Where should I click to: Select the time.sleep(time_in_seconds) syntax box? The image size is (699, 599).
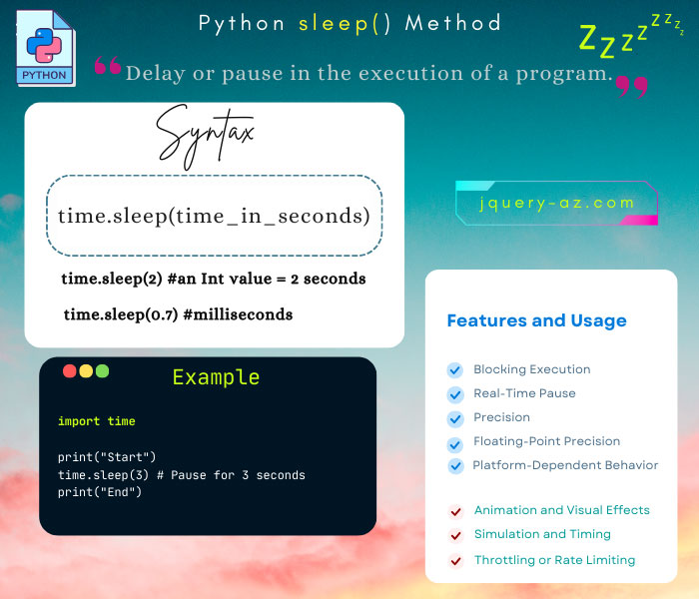pyautogui.click(x=214, y=216)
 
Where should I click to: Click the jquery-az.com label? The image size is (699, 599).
pyautogui.click(x=556, y=203)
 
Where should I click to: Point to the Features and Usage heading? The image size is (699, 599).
pyautogui.click(x=536, y=320)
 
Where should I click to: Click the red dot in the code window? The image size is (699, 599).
pyautogui.click(x=70, y=370)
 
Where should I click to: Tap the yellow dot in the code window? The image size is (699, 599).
pyautogui.click(x=86, y=370)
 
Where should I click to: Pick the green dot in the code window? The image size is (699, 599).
pyautogui.click(x=102, y=370)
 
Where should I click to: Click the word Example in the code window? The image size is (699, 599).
pyautogui.click(x=216, y=377)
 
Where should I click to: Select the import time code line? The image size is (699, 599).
pyautogui.click(x=96, y=421)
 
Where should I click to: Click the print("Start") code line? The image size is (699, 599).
pyautogui.click(x=107, y=457)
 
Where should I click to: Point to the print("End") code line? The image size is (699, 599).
pyautogui.click(x=100, y=492)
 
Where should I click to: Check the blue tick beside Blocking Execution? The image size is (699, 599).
pyautogui.click(x=455, y=369)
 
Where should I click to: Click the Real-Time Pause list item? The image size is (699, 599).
pyautogui.click(x=524, y=393)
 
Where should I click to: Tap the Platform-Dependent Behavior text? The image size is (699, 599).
pyautogui.click(x=565, y=465)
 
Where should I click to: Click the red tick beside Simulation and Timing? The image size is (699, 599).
pyautogui.click(x=455, y=535)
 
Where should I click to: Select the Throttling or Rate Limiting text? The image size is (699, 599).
pyautogui.click(x=554, y=560)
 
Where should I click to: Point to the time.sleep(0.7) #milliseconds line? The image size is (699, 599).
pyautogui.click(x=178, y=314)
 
